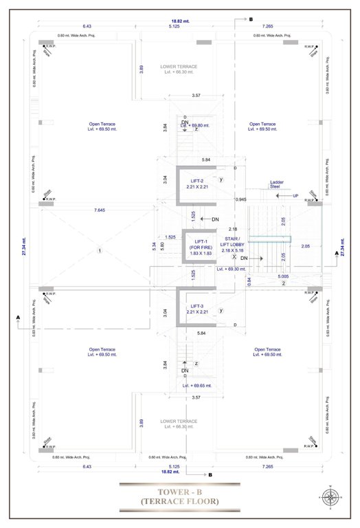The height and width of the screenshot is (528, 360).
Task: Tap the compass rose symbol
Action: tap(330, 497)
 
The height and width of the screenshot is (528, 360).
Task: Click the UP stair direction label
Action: tap(295, 196)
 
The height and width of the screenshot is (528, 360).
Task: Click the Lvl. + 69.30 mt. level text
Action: tap(232, 269)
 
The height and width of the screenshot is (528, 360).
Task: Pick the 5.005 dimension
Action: tap(283, 276)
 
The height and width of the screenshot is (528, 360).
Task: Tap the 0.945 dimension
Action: tap(240, 199)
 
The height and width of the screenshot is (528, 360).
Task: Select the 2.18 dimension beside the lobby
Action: tap(233, 229)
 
